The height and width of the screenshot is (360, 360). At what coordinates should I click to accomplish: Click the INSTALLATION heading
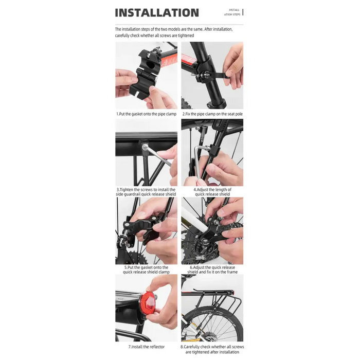point(157,13)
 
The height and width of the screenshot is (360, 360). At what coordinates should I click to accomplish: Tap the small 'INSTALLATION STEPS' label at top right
point(234,12)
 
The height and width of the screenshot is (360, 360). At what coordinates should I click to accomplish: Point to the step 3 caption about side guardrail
point(147,192)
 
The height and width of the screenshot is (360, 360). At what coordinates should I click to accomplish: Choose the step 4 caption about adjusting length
point(212,192)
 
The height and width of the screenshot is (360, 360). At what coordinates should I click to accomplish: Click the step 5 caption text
point(146,269)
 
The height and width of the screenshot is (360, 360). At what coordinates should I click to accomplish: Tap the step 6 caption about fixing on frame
point(212,269)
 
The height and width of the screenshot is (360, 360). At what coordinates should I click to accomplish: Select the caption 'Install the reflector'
point(146,347)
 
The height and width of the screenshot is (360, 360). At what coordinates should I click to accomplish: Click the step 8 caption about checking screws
point(212,349)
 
